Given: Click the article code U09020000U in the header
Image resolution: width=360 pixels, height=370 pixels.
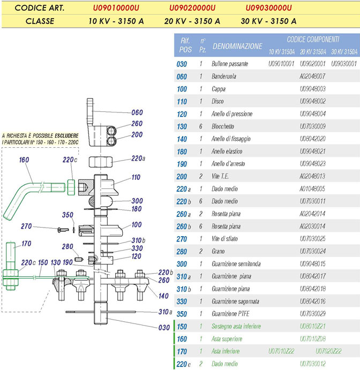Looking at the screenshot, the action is [x=192, y=8].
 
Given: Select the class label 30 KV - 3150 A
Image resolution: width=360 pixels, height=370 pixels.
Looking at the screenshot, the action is [x=268, y=21].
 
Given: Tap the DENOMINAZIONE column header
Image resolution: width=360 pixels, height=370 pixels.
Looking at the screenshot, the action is [x=237, y=46].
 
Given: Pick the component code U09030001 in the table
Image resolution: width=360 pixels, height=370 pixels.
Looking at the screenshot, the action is [x=344, y=64].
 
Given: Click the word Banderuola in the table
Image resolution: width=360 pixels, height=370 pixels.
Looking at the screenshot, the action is [x=224, y=76].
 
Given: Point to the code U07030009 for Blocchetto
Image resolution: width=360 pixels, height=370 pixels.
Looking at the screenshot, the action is [x=312, y=126].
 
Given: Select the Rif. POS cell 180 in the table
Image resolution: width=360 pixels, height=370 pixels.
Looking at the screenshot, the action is [x=182, y=152].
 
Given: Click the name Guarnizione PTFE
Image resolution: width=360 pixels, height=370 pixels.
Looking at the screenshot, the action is [x=230, y=314].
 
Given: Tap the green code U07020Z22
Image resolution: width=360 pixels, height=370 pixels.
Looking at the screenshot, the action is [x=328, y=351].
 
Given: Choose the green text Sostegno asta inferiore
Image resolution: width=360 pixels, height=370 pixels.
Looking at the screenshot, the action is [x=236, y=326].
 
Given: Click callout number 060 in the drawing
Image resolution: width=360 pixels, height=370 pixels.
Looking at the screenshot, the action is [x=137, y=112].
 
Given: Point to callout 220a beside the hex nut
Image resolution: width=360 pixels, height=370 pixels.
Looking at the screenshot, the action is [x=138, y=158].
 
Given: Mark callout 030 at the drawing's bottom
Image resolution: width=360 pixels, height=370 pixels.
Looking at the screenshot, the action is [x=164, y=328].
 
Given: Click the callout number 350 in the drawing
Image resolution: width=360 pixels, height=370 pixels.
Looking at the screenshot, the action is [x=67, y=215].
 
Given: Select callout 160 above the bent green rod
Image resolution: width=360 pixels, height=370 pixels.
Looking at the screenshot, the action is [x=24, y=160].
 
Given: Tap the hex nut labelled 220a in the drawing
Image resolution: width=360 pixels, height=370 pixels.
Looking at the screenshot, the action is [x=100, y=162].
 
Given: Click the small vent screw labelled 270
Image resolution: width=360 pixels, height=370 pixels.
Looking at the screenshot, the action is [x=63, y=230].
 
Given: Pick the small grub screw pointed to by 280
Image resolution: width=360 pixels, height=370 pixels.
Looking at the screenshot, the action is [x=79, y=260].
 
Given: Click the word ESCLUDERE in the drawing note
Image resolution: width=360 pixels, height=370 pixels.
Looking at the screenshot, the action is [x=66, y=135].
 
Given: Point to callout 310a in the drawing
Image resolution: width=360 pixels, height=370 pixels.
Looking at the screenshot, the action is [x=165, y=312].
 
